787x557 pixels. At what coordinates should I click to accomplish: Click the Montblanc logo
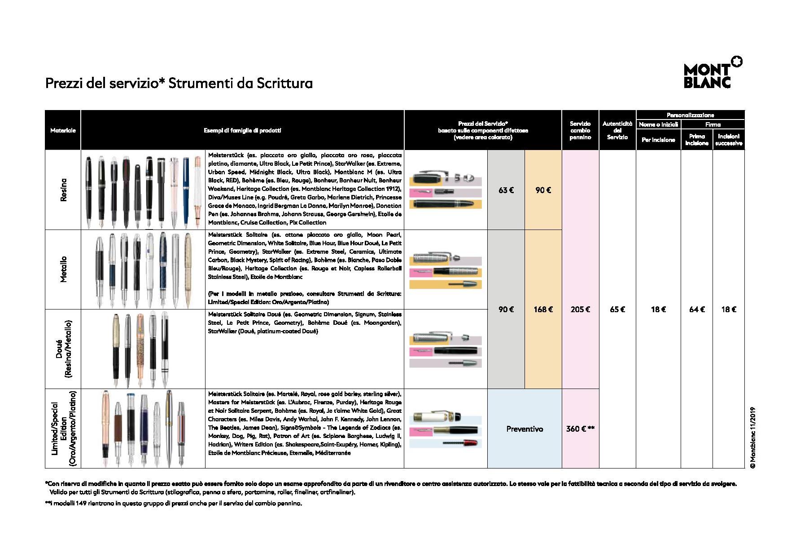point(713,73)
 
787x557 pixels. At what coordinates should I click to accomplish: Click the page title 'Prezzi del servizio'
point(179,84)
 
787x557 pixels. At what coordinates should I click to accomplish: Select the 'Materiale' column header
point(63,130)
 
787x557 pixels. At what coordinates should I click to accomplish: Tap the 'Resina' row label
point(63,190)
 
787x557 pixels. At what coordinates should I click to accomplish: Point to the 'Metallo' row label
point(63,269)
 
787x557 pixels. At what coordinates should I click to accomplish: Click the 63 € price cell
point(506,190)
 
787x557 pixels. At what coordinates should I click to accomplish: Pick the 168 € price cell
point(543,309)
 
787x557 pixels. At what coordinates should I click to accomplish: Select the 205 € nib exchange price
point(580,309)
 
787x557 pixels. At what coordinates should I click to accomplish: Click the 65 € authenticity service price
point(617,309)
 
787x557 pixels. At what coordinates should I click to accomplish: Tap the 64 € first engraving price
point(696,309)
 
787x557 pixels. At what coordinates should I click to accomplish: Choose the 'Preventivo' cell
point(524,429)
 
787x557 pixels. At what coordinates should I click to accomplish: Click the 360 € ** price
point(580,429)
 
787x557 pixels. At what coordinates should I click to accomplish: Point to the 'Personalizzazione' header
point(690,115)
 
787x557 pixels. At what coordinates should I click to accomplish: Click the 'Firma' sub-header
point(713,124)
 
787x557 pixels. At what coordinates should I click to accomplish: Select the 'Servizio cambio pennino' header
point(580,130)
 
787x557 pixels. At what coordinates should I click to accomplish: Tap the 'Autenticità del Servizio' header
point(617,130)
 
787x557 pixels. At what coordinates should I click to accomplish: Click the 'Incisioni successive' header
point(729,140)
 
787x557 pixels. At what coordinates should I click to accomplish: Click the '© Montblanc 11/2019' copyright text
point(752,438)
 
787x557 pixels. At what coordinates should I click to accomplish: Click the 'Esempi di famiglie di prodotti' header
point(242,130)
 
